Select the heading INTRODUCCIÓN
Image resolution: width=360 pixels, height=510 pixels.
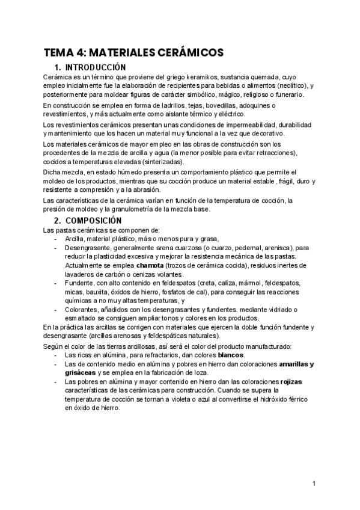(x=95, y=67)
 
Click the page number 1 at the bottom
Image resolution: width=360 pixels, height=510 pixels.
(x=314, y=484)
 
